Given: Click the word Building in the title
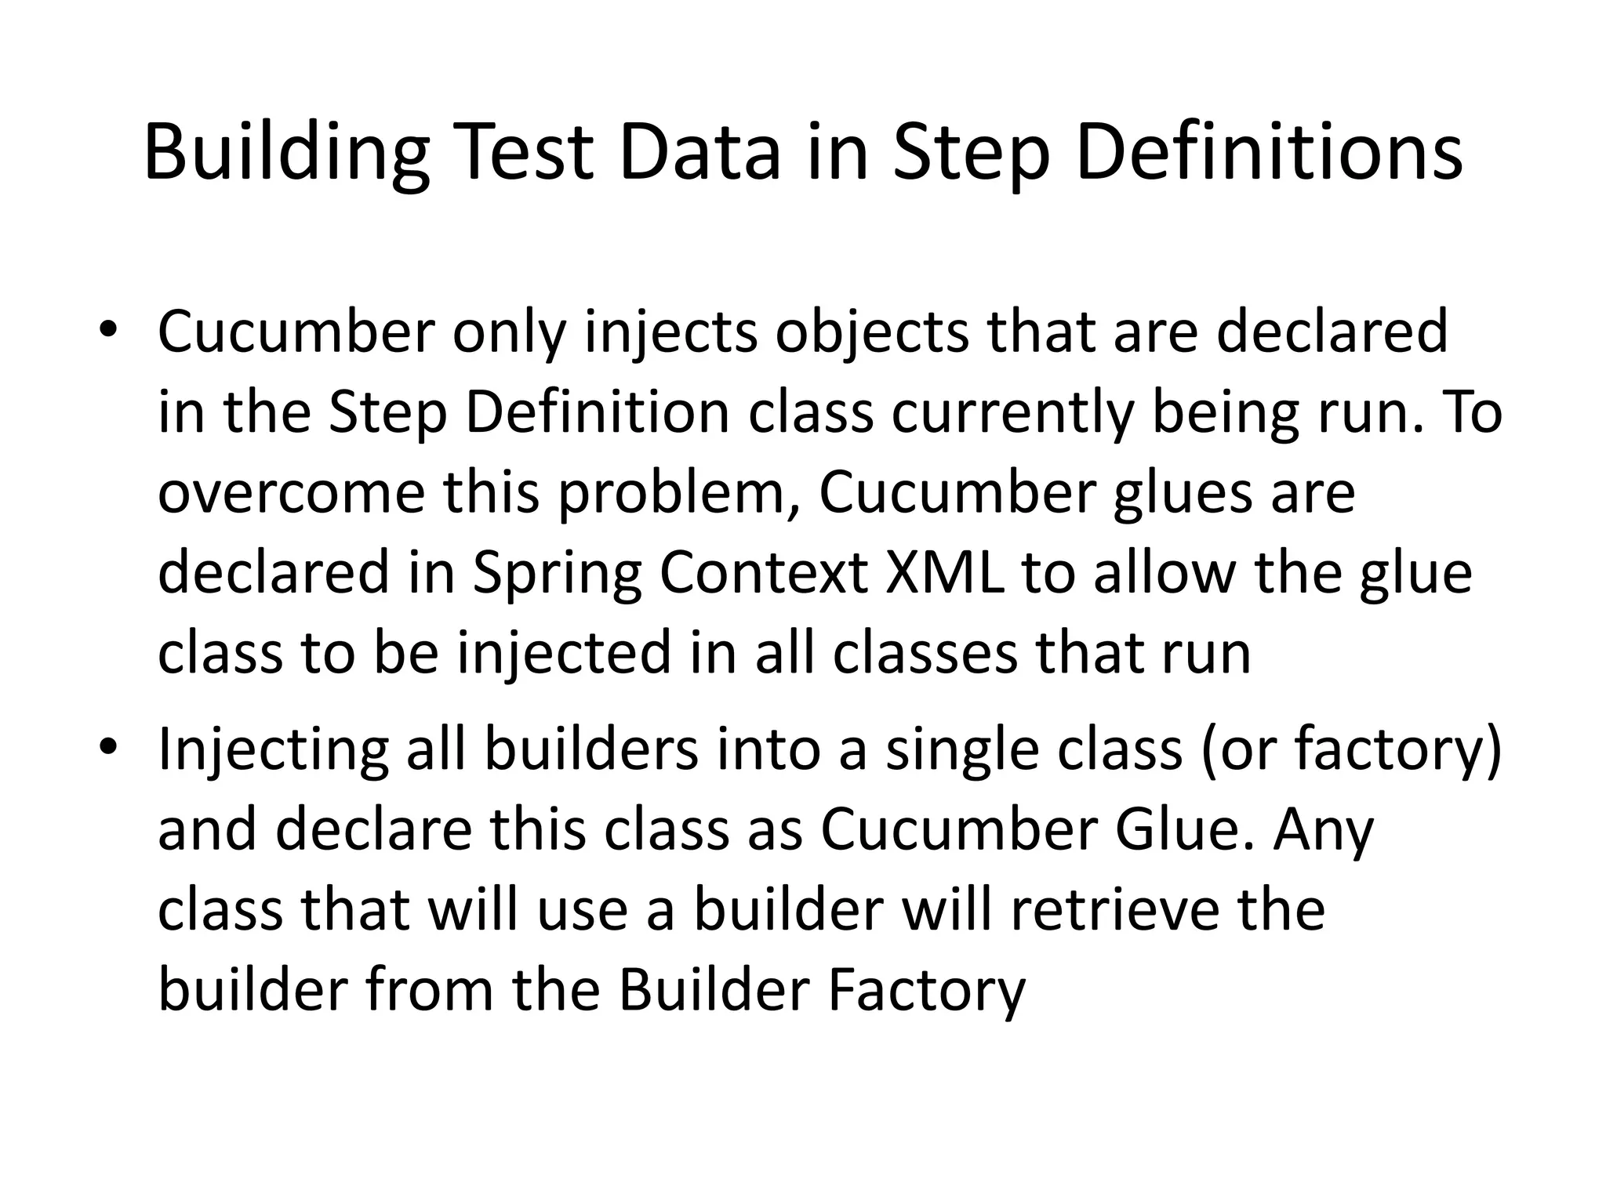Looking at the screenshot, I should click(x=286, y=153).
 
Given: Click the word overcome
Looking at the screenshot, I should click(x=290, y=494).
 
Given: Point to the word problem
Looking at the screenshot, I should click(x=679, y=494).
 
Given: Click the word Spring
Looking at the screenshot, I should click(x=556, y=575).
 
